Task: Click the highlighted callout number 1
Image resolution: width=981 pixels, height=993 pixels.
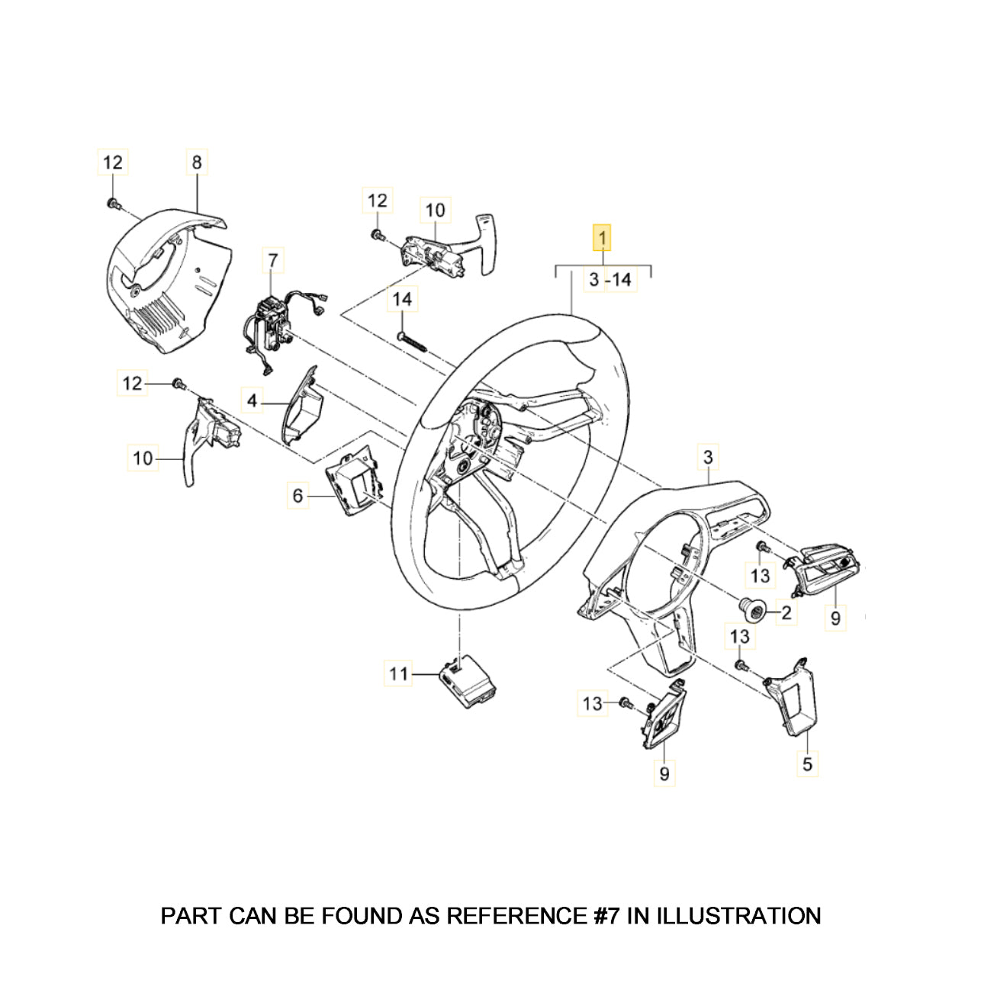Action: pos(602,238)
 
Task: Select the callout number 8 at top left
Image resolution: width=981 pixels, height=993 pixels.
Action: pos(197,162)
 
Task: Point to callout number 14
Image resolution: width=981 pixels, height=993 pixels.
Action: pos(402,300)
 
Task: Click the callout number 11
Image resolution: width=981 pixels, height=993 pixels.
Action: pos(398,673)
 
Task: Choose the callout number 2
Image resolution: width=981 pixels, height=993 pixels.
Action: pos(786,611)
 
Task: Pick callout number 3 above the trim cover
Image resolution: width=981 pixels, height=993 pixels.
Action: pos(708,458)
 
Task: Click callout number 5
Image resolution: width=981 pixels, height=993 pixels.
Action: pos(807,763)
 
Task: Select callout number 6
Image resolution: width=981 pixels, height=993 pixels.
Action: pos(298,496)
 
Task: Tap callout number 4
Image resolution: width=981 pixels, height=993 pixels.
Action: pos(252,400)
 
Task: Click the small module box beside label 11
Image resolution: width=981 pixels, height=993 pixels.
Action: pos(467,680)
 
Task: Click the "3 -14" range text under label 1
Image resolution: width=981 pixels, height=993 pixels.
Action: pos(610,280)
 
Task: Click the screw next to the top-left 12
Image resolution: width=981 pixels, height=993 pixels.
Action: pos(114,204)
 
